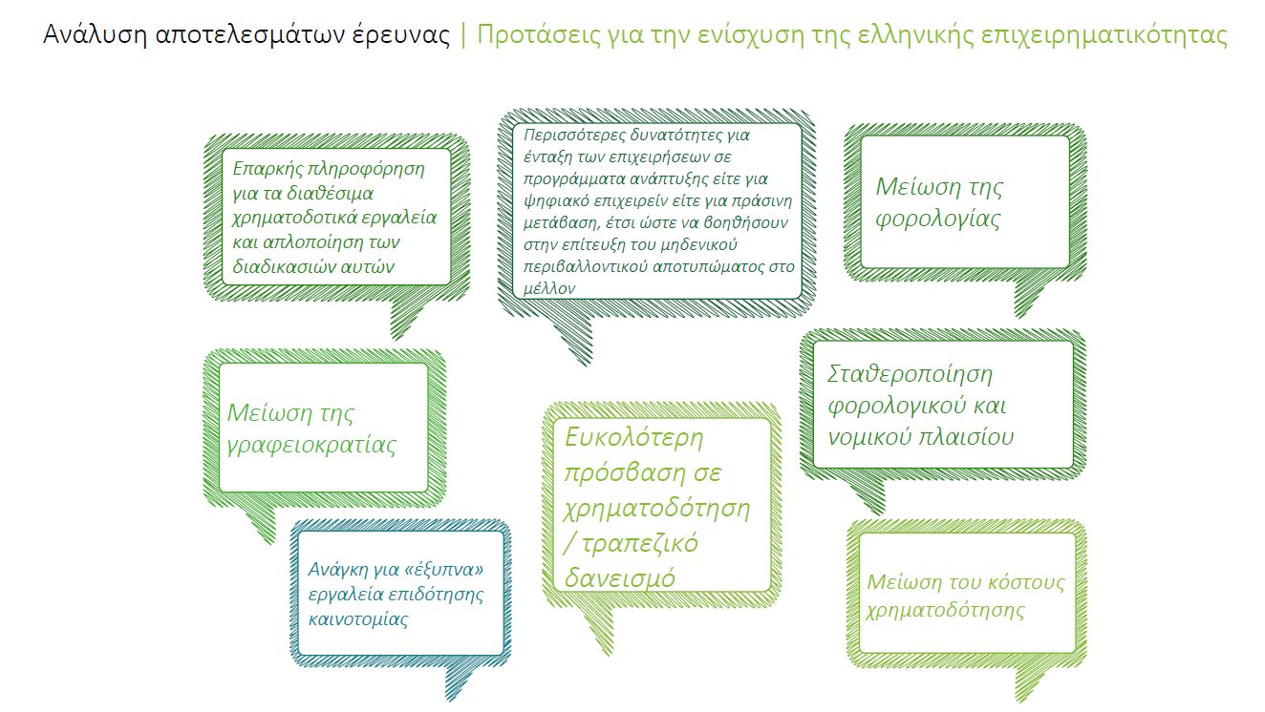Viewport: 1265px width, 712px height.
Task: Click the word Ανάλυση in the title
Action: pos(96,35)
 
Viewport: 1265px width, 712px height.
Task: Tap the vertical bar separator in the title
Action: pos(463,35)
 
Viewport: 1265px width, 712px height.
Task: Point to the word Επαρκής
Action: pos(266,169)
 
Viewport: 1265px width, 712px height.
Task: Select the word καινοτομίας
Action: pos(358,619)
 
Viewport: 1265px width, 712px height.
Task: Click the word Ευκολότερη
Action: pos(634,438)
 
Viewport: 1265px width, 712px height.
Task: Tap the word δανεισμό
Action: pos(620,577)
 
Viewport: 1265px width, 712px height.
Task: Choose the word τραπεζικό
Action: pos(640,544)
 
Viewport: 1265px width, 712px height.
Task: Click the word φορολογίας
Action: pos(938,220)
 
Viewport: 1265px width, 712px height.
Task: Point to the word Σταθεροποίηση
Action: pos(910,375)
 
